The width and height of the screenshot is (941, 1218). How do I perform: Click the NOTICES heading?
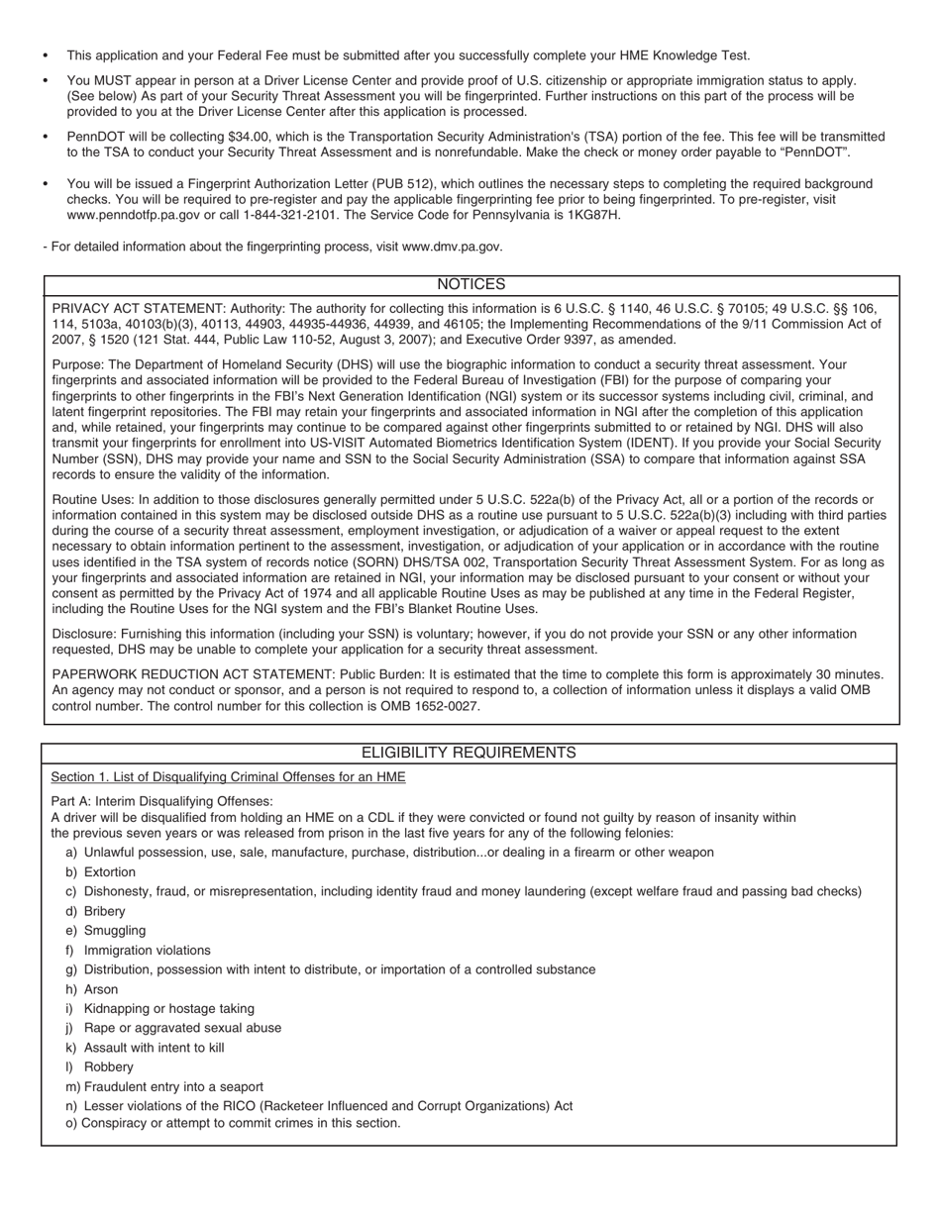(470, 285)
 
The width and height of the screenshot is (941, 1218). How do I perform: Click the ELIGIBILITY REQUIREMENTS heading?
(469, 754)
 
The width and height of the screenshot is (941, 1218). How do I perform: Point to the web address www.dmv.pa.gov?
(452, 247)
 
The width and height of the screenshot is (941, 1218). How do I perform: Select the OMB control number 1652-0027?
(444, 707)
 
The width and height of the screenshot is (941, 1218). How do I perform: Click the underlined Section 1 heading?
(228, 777)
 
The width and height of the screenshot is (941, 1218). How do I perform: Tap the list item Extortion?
(109, 872)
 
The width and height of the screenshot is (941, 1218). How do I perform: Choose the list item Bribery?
(104, 911)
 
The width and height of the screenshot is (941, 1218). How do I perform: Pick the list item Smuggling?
(114, 931)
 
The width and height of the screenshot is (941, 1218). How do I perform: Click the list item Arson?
(100, 989)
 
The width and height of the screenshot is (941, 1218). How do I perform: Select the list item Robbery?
(108, 1067)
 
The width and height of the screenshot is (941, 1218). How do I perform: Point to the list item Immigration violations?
(147, 951)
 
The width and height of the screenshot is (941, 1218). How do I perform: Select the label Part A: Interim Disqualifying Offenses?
(161, 801)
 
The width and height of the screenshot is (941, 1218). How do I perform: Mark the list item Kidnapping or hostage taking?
(168, 1009)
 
